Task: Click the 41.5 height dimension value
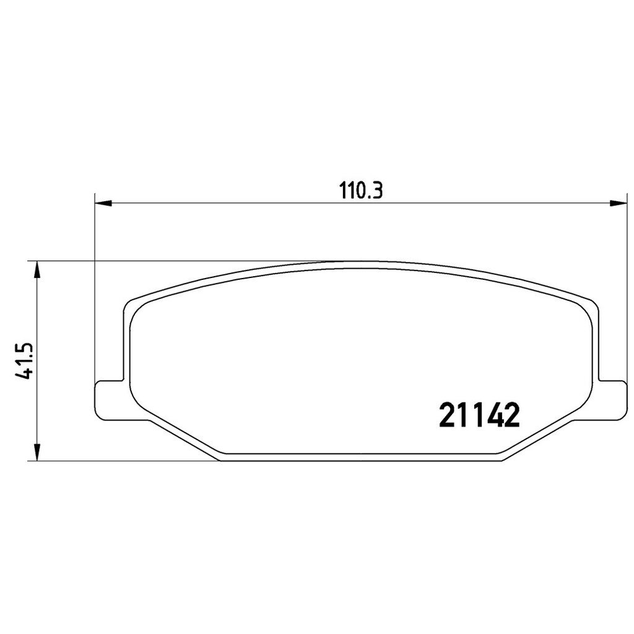(24, 361)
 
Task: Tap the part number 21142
(478, 415)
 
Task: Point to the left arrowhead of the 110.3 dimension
(103, 203)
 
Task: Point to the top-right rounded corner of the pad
(591, 305)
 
